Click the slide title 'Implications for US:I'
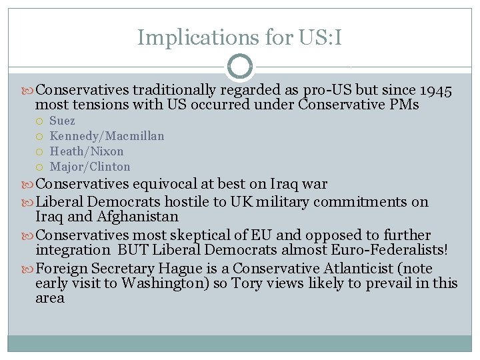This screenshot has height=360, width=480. [239, 37]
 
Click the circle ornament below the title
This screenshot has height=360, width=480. [240, 67]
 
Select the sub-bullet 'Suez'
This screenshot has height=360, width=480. [63, 121]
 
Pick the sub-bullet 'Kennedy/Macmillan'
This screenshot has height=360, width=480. [107, 136]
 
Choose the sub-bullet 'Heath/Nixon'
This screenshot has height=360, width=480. [87, 151]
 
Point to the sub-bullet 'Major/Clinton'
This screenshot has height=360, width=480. [90, 167]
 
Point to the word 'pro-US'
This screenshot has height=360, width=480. [327, 90]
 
